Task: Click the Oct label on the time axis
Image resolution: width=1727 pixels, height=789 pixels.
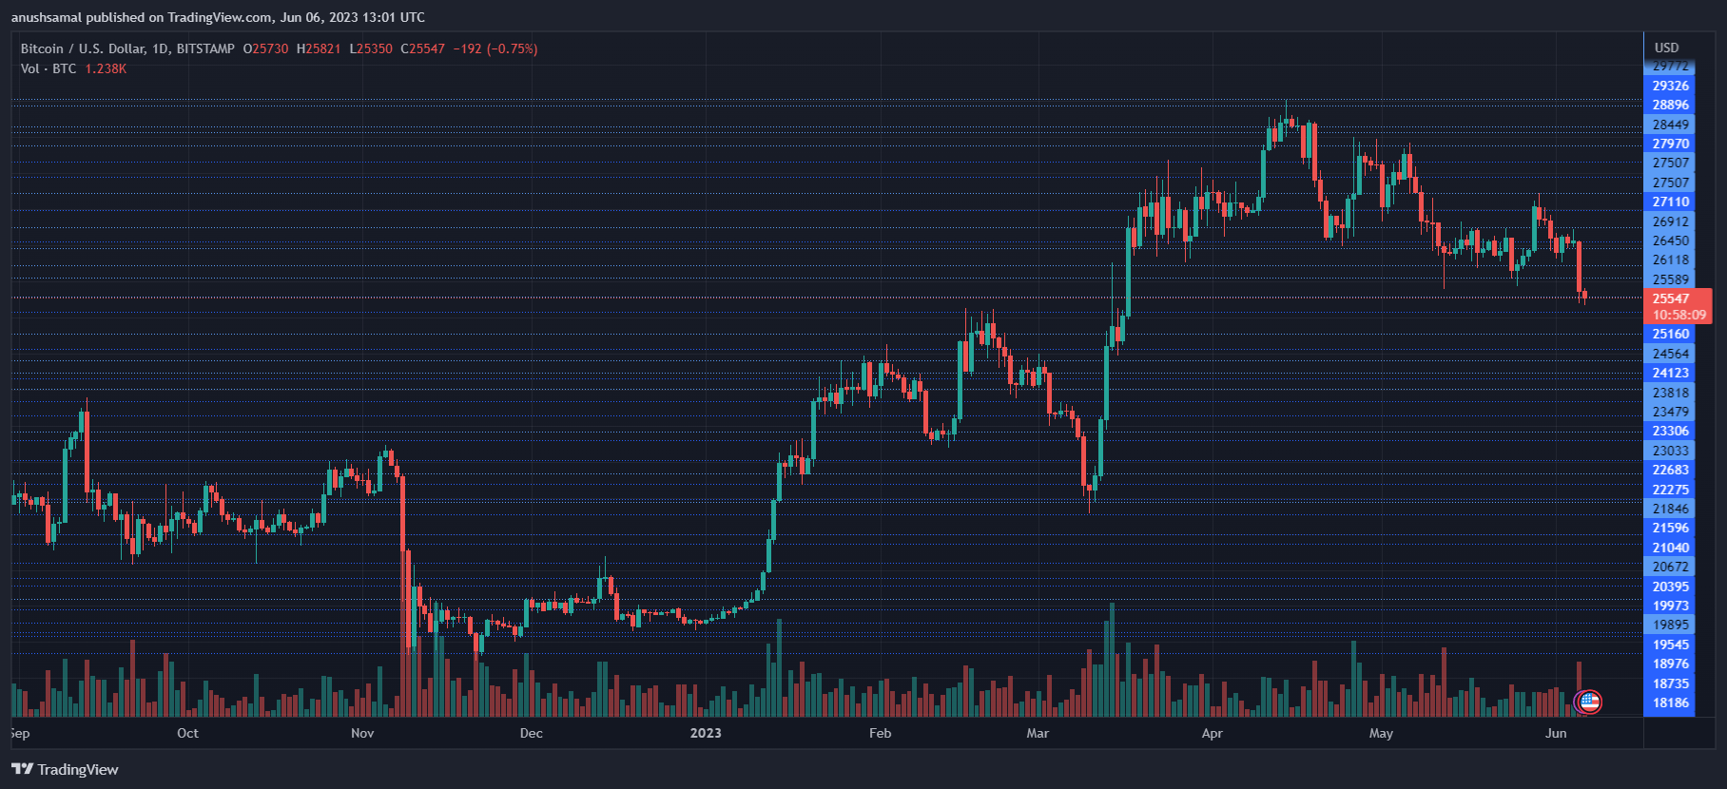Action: point(187,733)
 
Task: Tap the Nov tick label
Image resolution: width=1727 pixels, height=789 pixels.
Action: point(362,733)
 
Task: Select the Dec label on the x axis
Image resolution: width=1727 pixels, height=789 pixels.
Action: point(532,733)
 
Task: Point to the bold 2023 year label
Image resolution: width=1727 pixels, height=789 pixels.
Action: point(706,733)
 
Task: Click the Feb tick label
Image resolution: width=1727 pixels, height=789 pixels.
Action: point(880,733)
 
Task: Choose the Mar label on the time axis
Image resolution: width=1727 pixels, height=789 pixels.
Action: point(1038,733)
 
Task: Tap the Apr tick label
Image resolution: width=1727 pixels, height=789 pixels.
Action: point(1212,733)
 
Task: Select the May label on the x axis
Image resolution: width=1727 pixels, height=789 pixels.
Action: point(1381,733)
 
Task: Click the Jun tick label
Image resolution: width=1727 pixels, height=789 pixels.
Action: point(1556,733)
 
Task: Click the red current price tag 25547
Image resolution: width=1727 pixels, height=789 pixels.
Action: point(1671,298)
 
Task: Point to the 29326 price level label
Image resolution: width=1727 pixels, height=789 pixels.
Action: point(1671,86)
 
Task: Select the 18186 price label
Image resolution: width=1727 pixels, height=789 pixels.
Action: point(1671,702)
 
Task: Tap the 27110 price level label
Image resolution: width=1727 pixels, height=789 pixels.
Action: point(1671,202)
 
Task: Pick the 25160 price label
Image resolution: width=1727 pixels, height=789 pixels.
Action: point(1671,334)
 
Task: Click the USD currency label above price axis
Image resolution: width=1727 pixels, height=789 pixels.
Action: point(1666,48)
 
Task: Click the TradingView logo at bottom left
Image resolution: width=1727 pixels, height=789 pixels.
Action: point(65,769)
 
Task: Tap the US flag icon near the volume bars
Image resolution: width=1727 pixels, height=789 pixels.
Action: point(1588,702)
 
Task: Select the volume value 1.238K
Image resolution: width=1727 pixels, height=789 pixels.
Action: point(106,68)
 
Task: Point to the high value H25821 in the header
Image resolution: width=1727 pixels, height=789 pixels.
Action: point(319,48)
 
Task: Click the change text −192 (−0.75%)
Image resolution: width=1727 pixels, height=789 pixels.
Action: point(495,48)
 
